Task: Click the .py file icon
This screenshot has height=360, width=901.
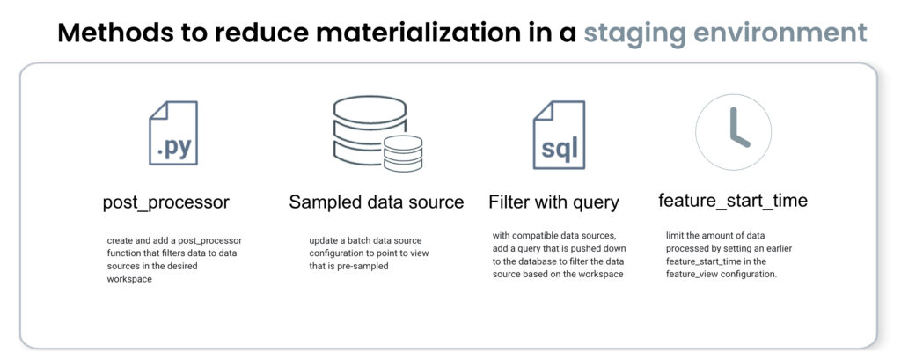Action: (173, 134)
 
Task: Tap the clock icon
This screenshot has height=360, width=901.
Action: (733, 132)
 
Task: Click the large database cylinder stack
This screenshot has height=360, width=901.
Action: (370, 131)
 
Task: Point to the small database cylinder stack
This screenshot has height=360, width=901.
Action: (403, 153)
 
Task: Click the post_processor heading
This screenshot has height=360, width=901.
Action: (166, 202)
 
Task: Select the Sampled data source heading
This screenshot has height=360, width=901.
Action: (377, 202)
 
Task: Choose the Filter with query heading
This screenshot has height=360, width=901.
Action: (554, 202)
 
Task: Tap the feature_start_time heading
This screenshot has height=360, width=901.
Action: (733, 201)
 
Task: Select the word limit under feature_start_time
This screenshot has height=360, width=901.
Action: (675, 235)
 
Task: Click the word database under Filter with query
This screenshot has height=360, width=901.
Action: (545, 261)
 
